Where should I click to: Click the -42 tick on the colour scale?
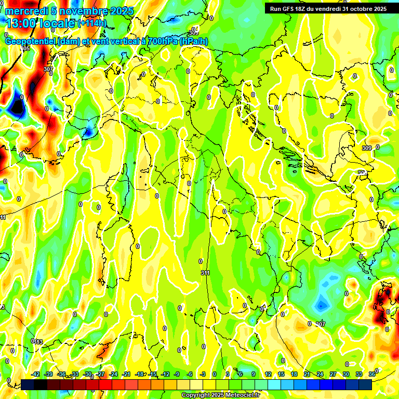(x=35, y=374)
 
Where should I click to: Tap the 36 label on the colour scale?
(x=372, y=374)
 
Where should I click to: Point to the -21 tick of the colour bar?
(x=126, y=374)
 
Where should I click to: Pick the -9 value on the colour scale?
(x=177, y=374)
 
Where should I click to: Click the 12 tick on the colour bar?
(x=268, y=374)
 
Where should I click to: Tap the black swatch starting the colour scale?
(x=28, y=384)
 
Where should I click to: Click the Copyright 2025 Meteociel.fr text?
(x=220, y=395)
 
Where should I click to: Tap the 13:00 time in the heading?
(x=20, y=23)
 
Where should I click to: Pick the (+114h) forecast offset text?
(x=92, y=23)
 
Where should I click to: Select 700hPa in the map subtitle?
(x=160, y=42)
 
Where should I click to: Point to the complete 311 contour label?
(x=205, y=273)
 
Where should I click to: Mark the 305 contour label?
(x=25, y=48)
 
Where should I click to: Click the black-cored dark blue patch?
(x=17, y=107)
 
